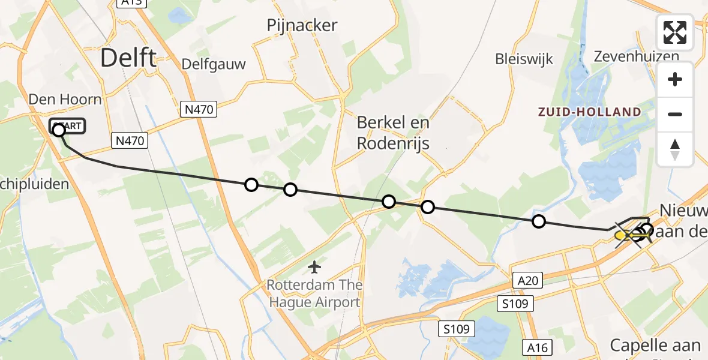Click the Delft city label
coord(128,58)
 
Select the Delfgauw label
coord(214,64)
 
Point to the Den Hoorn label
coord(65,99)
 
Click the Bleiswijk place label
coord(524,59)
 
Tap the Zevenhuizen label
coord(636,56)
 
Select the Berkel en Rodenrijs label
coord(393,133)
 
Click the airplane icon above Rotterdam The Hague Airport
coord(314,266)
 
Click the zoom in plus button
coord(675,79)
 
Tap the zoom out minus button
coord(675,114)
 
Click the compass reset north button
coord(675,149)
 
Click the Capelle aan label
coord(655,346)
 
